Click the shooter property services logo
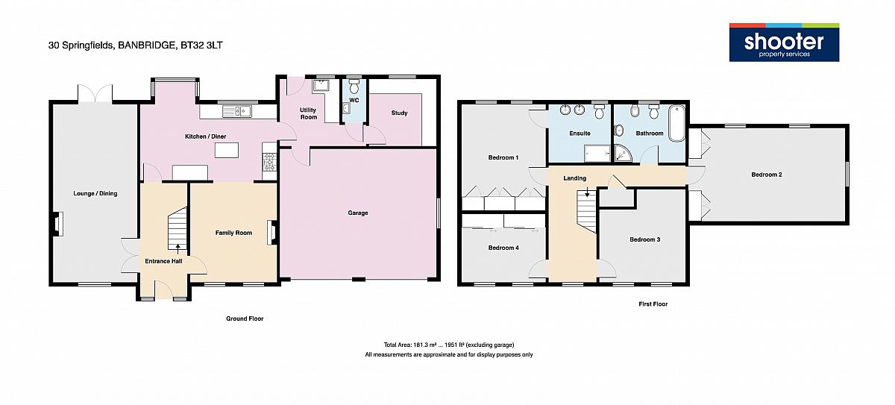tap(784, 43)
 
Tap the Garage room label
tap(357, 213)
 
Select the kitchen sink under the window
tap(237, 111)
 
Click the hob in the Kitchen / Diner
tap(269, 163)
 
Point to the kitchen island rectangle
tap(227, 150)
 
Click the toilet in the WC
tap(354, 87)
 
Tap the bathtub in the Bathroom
tap(677, 123)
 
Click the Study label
tap(399, 113)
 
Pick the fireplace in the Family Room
tap(271, 233)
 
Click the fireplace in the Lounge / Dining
tap(57, 224)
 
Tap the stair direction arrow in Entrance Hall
tap(178, 248)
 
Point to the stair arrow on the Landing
tap(587, 192)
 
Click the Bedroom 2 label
tap(767, 175)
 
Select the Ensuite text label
tap(580, 134)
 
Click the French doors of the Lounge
tap(95, 92)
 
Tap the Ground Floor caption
tap(245, 318)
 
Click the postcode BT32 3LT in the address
tap(201, 45)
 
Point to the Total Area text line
tap(449, 345)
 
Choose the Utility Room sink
tap(320, 86)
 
